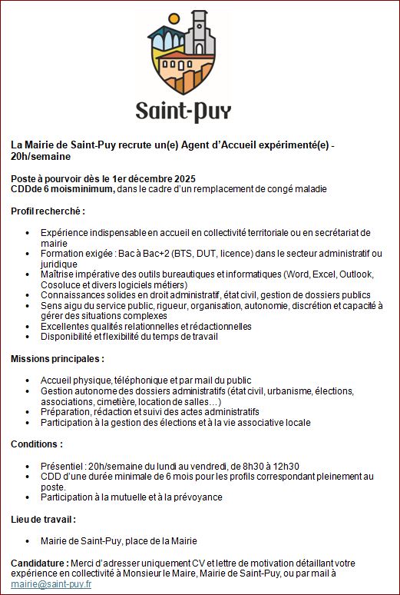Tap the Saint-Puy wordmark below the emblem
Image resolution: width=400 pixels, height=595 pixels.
(183, 111)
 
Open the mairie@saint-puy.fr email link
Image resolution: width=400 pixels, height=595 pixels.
(51, 584)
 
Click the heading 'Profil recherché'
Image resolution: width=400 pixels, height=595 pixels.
(47, 211)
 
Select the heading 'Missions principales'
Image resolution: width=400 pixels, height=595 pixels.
(57, 359)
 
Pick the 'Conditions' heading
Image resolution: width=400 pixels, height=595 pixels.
(36, 444)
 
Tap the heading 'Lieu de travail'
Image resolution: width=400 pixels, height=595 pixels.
(42, 519)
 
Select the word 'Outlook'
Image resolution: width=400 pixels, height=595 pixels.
(355, 274)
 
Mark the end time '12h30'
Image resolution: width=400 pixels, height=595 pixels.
(286, 466)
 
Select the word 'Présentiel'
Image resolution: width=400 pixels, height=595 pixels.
(63, 466)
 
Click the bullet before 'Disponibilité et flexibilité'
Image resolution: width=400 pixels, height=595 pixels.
(28, 337)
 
